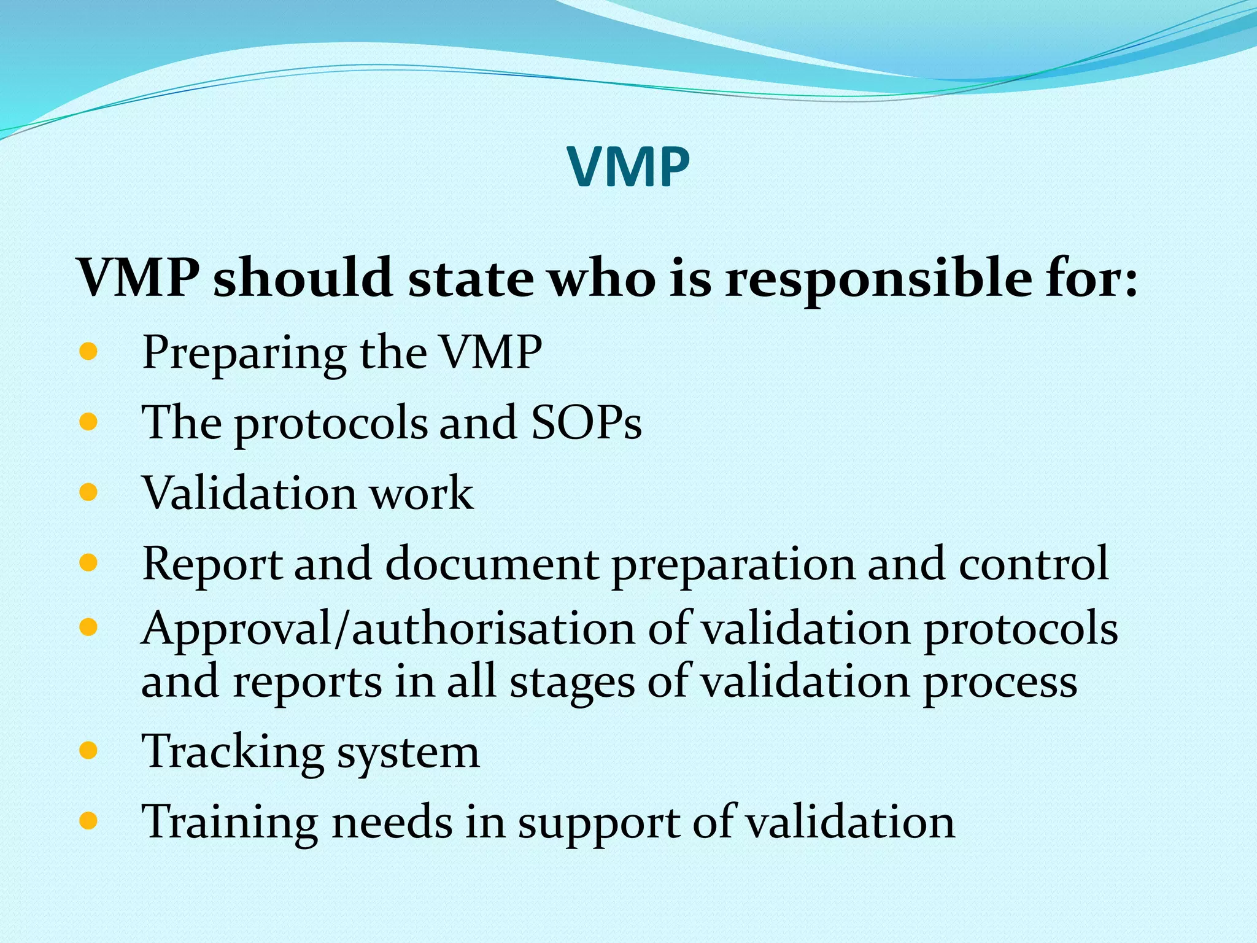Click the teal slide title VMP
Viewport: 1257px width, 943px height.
coord(628,167)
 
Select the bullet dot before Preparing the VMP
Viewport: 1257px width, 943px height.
coord(88,352)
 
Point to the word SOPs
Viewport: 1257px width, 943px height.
coord(586,423)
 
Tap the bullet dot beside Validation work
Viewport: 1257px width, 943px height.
coord(88,492)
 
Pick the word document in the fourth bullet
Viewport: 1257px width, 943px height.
coord(492,564)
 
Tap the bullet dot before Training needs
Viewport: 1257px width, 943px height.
coord(88,821)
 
